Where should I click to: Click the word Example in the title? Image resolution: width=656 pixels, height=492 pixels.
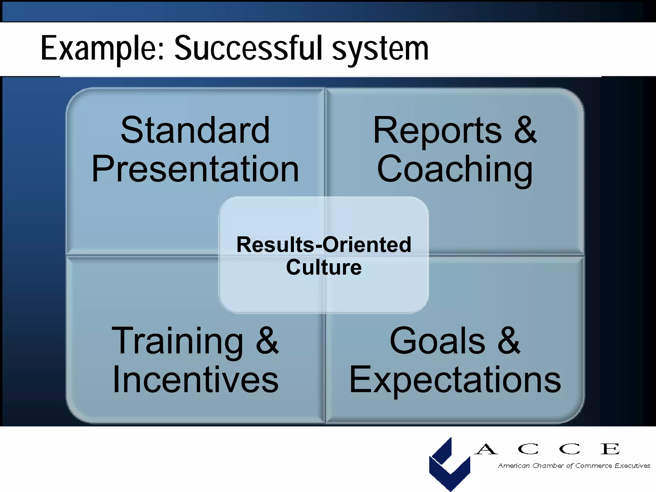[x=102, y=49]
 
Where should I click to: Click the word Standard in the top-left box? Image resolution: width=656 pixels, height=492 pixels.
[x=195, y=130]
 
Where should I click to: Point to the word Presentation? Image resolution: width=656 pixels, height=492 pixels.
[x=195, y=169]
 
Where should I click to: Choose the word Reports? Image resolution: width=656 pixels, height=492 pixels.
[x=437, y=131]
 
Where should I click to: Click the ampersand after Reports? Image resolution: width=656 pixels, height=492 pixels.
[x=525, y=130]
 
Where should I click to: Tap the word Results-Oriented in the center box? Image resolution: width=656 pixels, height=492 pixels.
[x=324, y=245]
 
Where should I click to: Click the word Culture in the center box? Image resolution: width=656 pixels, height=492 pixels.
[x=324, y=267]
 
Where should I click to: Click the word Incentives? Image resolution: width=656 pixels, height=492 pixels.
[x=195, y=380]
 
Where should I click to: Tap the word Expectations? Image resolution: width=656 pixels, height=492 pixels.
[x=455, y=380]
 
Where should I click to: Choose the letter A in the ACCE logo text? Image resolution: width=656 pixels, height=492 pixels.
[x=486, y=449]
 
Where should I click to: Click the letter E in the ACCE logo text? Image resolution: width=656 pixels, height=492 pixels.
[x=610, y=449]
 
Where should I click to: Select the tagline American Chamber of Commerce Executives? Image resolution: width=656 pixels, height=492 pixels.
[x=574, y=466]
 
